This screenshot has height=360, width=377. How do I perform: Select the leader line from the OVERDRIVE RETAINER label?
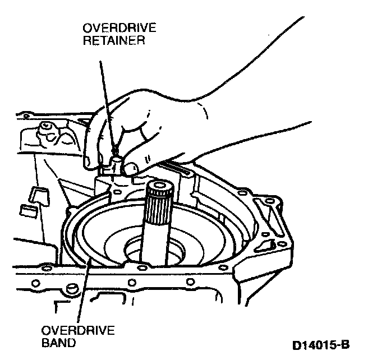107,101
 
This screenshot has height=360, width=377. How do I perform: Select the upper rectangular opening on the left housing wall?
33,195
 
